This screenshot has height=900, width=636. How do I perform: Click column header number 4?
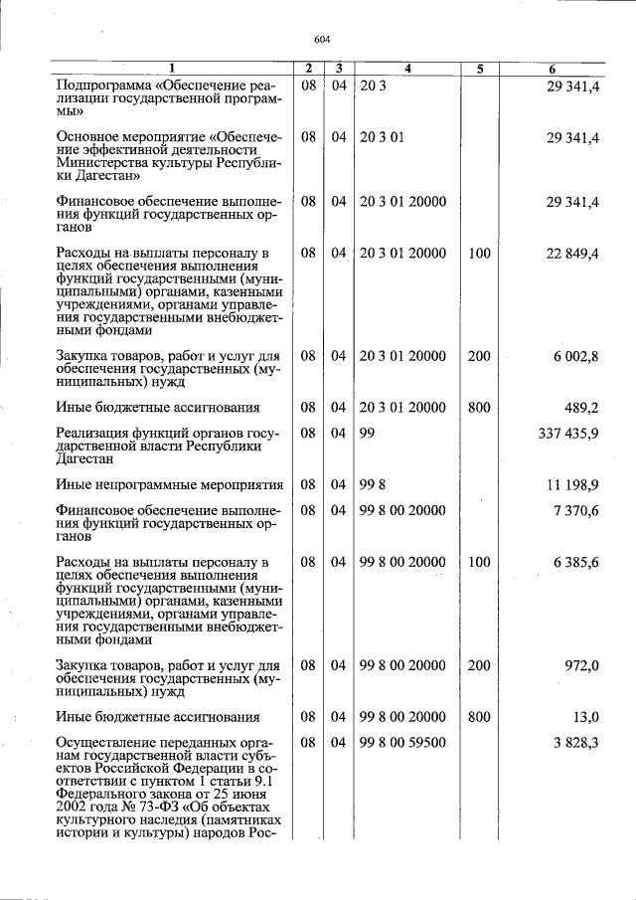pyautogui.click(x=407, y=69)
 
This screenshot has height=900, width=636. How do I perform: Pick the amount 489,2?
pyautogui.click(x=581, y=407)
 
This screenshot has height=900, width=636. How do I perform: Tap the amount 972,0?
pyautogui.click(x=581, y=665)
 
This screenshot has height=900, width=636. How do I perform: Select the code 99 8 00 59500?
pyautogui.click(x=402, y=742)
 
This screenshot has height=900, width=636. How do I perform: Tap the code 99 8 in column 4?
pyautogui.click(x=372, y=484)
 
